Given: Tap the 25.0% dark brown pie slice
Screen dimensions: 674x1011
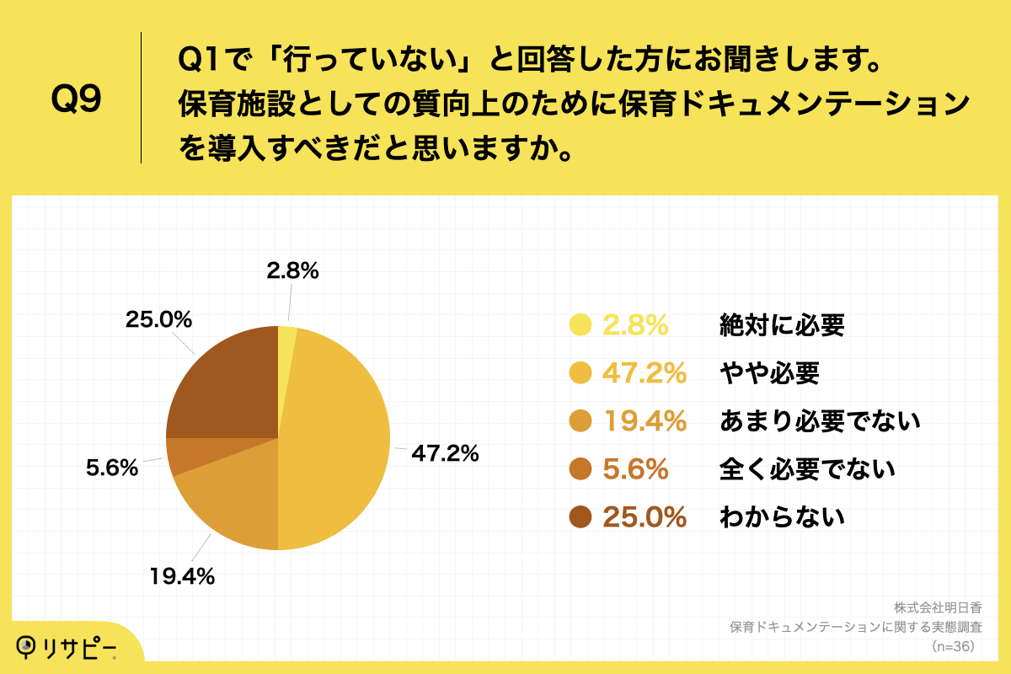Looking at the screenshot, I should coord(223,383).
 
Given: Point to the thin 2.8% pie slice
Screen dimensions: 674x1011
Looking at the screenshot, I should coord(286,337).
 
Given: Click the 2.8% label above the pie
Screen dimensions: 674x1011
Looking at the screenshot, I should coord(292,270).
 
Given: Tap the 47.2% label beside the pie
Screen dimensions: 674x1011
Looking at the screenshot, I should coord(445,453).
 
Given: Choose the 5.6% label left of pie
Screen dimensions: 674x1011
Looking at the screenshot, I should coord(112,468).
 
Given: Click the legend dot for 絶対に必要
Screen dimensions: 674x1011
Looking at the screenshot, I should coord(580,325).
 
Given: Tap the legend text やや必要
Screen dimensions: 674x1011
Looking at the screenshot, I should coord(768,373).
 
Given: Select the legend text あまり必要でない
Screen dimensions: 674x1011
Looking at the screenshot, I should coord(819,421).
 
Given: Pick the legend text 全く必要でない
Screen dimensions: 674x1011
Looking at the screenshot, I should coord(807,469).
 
